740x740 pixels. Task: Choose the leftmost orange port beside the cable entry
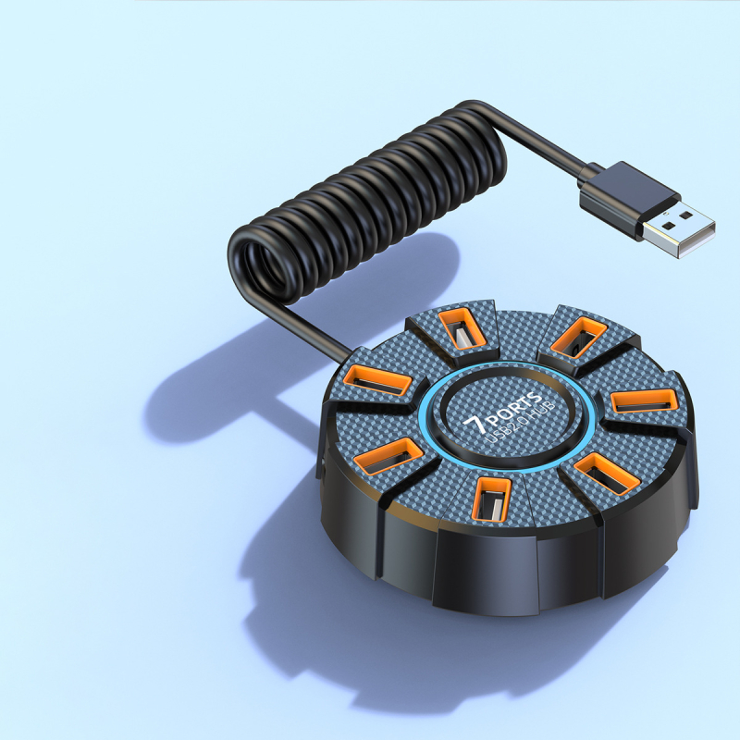pos(378,378)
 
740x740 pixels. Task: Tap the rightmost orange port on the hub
pos(642,401)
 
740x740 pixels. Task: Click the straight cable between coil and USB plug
pos(546,143)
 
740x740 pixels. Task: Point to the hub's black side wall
pos(481,564)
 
